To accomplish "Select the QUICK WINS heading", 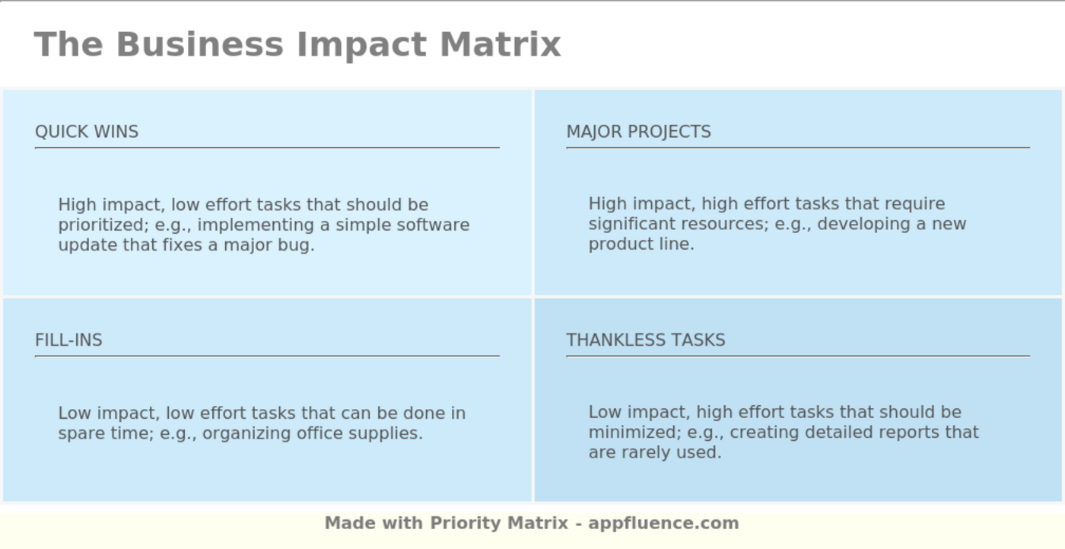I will (x=87, y=132).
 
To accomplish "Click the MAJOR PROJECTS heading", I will (x=638, y=132).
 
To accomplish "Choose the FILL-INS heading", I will (x=68, y=340).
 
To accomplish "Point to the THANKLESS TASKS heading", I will (x=645, y=340).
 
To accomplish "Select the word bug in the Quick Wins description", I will (x=298, y=246).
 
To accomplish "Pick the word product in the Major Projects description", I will (x=616, y=244).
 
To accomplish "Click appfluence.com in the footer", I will (x=663, y=524).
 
